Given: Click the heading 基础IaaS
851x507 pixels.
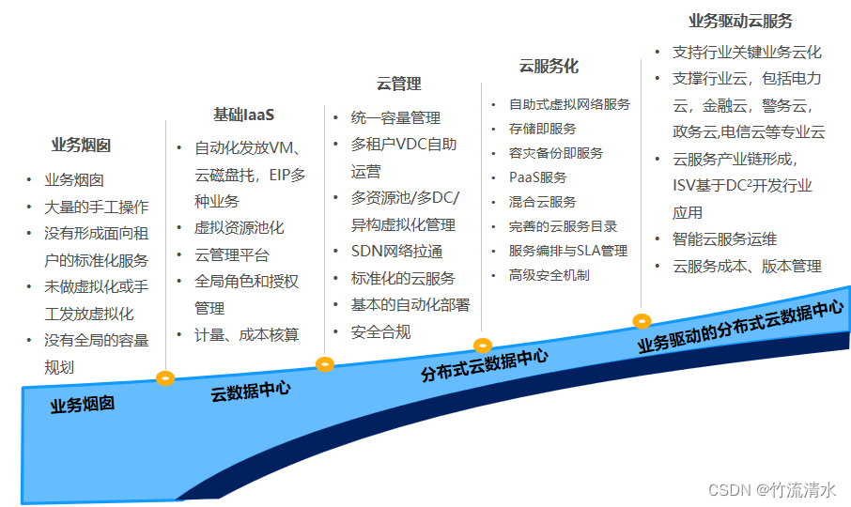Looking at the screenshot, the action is click(243, 115).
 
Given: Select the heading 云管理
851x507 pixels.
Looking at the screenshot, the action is click(399, 84).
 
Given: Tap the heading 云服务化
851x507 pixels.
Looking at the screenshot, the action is click(549, 66).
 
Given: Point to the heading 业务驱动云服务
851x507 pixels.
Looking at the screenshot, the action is click(740, 21).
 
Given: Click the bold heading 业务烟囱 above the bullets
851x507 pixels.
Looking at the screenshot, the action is click(81, 145).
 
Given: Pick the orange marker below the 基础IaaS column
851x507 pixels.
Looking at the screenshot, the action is click(325, 363).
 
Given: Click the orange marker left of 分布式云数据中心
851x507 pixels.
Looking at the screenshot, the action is click(483, 346).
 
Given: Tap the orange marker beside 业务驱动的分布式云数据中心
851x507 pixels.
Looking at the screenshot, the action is click(642, 321).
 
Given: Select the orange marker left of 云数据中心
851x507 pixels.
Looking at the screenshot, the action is click(165, 378).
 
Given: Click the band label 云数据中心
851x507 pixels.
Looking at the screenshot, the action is click(250, 391).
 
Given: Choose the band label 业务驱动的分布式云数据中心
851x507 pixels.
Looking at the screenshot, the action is click(740, 325).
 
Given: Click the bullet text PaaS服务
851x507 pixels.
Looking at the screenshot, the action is click(537, 177).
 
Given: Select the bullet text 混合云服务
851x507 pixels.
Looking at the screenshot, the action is click(542, 202).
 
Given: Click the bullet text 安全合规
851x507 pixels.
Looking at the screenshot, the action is click(380, 331).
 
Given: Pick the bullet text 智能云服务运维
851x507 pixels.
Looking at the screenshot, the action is click(724, 239).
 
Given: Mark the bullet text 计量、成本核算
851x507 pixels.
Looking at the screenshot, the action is click(246, 334).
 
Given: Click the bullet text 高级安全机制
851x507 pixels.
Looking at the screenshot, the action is click(549, 275).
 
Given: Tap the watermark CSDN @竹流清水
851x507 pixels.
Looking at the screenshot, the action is click(772, 490).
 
